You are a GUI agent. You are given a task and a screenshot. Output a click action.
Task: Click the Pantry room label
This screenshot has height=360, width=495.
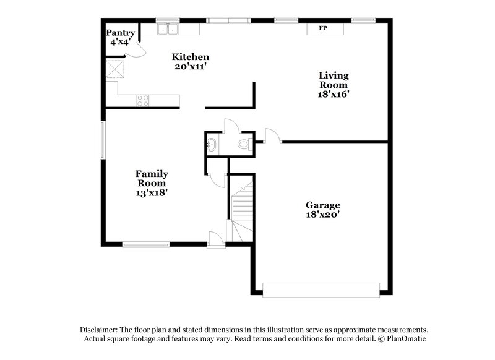click(x=120, y=33)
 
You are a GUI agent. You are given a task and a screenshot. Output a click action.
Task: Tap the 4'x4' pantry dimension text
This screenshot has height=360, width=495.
click(x=120, y=43)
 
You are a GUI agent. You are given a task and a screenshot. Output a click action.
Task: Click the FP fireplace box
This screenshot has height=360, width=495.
click(x=322, y=29)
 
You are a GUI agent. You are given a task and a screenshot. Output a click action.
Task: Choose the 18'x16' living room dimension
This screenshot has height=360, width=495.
click(x=334, y=95)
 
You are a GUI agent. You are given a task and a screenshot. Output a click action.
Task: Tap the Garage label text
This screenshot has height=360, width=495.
click(x=322, y=205)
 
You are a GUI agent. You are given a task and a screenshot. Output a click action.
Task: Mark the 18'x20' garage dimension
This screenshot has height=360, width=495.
click(x=322, y=215)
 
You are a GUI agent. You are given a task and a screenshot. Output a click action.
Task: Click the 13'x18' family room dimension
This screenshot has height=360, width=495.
click(x=152, y=193)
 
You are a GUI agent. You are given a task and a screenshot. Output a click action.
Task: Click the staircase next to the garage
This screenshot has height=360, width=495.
click(x=242, y=210)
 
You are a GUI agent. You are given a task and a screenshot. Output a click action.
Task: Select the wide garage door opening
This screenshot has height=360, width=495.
click(x=321, y=289)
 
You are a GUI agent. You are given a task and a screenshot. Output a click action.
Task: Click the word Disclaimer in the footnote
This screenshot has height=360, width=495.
click(x=100, y=330)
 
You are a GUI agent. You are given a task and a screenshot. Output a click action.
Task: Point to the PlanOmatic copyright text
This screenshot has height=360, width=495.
click(x=402, y=339)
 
